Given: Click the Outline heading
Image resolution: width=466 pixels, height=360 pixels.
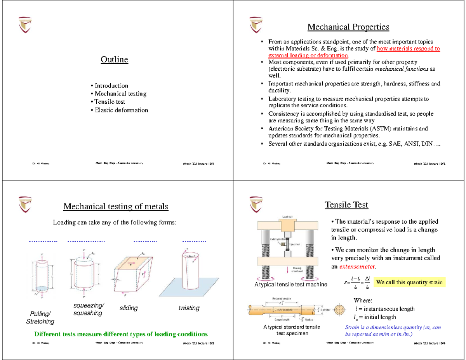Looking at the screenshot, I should click(x=114, y=59).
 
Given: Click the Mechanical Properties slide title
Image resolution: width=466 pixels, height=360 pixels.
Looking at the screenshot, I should click(x=348, y=27).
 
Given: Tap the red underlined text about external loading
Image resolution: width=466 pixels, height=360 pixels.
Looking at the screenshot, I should click(x=354, y=52).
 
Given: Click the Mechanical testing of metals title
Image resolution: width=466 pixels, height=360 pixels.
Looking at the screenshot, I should click(x=116, y=206).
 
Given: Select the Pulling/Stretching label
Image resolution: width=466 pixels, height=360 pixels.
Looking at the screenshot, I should click(x=40, y=318).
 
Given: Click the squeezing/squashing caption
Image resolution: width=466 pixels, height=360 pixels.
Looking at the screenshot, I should click(x=89, y=309).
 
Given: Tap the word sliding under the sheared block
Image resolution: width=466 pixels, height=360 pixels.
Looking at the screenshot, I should click(x=129, y=308).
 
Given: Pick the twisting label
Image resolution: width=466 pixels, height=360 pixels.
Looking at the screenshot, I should click(x=189, y=308).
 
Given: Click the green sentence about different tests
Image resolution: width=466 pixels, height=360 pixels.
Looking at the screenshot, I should click(x=121, y=334).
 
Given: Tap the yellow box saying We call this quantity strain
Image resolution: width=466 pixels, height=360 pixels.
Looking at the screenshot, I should click(x=409, y=282).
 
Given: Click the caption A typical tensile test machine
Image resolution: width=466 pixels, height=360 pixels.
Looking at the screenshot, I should click(x=291, y=285).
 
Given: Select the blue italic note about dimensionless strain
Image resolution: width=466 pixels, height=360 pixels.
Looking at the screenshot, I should click(x=393, y=330).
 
